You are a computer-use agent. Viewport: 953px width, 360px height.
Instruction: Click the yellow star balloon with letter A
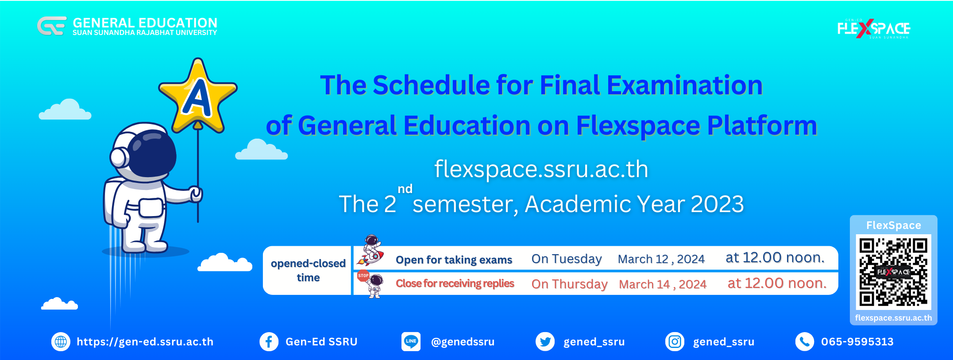[x=198, y=97]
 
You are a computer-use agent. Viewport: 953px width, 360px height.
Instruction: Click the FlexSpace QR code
[x=893, y=271]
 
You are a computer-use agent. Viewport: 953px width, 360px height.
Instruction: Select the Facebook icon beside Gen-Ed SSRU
[x=269, y=342]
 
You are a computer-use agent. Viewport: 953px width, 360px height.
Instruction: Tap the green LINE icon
[x=411, y=342]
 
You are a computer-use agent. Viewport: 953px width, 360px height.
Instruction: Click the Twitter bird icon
[x=545, y=342]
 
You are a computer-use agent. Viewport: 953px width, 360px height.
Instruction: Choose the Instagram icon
[x=675, y=342]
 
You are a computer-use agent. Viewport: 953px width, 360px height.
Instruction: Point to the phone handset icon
[x=805, y=342]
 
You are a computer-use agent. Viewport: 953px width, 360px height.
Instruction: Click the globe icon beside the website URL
[x=61, y=342]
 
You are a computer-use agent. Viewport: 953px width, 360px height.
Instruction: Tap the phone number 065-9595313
[x=857, y=342]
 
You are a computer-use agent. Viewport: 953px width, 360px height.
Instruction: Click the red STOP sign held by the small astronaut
[x=363, y=275]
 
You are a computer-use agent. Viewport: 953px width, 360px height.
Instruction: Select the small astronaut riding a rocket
[x=371, y=250]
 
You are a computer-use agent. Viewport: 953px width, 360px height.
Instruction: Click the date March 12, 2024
[x=661, y=259]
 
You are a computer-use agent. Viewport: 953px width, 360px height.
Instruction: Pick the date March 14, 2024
[x=663, y=284]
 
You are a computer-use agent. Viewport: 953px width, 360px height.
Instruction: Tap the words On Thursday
[x=569, y=284]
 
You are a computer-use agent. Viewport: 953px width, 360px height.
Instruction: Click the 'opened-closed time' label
[x=308, y=271]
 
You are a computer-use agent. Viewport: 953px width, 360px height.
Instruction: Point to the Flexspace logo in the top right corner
[x=874, y=29]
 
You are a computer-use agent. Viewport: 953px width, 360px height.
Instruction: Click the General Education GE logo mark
[x=52, y=26]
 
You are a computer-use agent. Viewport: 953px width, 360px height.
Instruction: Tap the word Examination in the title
[x=685, y=85]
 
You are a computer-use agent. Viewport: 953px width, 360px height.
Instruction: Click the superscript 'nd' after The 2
[x=405, y=189]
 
